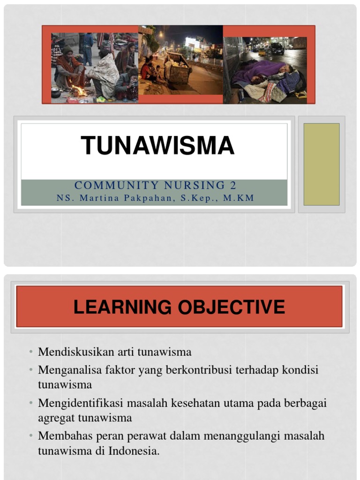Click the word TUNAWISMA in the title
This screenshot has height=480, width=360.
coord(157,145)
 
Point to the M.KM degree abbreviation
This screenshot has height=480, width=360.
coord(239,198)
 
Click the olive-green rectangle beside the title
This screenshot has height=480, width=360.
coord(321,164)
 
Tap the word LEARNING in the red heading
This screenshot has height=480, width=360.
coord(123,307)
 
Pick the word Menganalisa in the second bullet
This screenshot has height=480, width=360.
coord(70,370)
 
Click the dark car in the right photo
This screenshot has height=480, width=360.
coord(277,49)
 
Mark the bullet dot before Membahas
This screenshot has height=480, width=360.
coord(30,436)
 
